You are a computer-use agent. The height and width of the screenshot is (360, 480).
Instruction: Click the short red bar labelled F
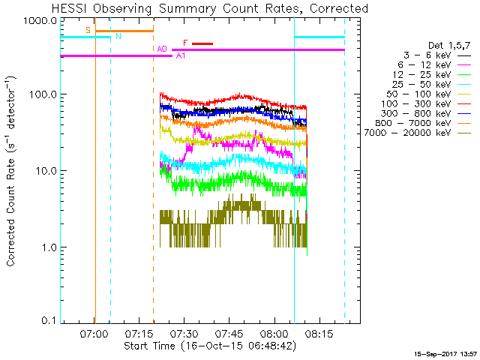[202, 43]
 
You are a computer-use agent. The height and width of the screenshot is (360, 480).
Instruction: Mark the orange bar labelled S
[124, 31]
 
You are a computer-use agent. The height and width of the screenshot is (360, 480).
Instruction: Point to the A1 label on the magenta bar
[181, 56]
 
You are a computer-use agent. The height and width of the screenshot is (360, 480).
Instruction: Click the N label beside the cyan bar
[118, 36]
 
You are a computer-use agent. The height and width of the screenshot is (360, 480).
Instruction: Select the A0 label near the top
[162, 49]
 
